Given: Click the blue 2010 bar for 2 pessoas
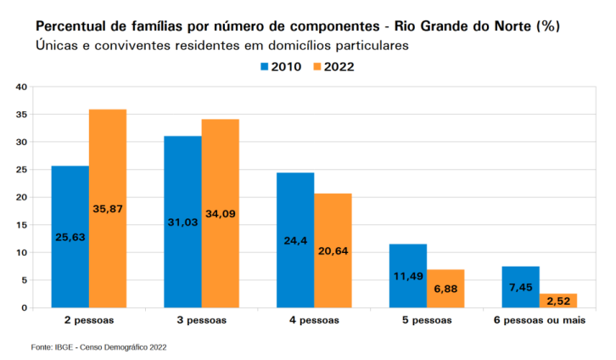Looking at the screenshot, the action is coord(70,237).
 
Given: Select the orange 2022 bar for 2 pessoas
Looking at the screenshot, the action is coord(108,208).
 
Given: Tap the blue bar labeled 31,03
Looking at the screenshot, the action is coord(182,222).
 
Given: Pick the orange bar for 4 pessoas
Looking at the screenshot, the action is coord(333,250).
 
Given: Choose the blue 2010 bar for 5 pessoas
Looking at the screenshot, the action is coord(408,276).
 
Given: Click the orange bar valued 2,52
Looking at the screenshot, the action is coord(558,301).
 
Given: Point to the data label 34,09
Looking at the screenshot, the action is coord(221,214).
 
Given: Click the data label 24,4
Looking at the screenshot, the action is coord(295,240).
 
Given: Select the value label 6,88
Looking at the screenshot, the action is coord(445,289).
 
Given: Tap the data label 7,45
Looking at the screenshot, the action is coord(520,287).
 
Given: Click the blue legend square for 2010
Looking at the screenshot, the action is coord(265,67).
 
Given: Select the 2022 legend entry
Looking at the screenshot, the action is coord(334,67).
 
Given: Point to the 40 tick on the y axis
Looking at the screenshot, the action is coord(21,87).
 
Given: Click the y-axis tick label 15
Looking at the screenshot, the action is coord(21,225).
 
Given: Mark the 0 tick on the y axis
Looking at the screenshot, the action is coord(25,307).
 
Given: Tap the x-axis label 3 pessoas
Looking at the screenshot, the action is coord(202,320).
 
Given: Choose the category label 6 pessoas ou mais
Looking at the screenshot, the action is coord(540,320).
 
